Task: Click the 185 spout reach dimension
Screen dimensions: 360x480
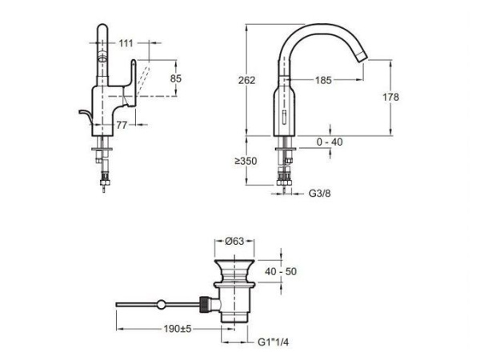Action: click(323, 79)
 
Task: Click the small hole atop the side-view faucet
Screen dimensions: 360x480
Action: click(102, 60)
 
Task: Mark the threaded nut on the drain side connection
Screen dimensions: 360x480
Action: click(207, 304)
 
